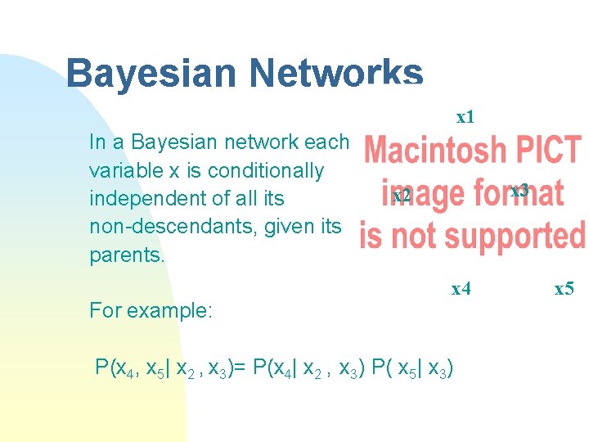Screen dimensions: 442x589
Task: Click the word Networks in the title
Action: (337, 73)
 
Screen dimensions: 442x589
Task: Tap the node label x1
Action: (465, 117)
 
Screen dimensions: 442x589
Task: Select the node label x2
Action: (401, 196)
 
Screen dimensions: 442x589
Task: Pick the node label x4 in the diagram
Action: (461, 288)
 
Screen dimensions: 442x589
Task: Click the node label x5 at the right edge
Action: (564, 288)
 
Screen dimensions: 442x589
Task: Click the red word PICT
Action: (546, 151)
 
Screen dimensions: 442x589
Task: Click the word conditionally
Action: (266, 171)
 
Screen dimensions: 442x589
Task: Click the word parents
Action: (127, 254)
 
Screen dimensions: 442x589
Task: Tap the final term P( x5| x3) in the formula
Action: (414, 366)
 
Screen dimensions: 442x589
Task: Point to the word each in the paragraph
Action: (326, 142)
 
